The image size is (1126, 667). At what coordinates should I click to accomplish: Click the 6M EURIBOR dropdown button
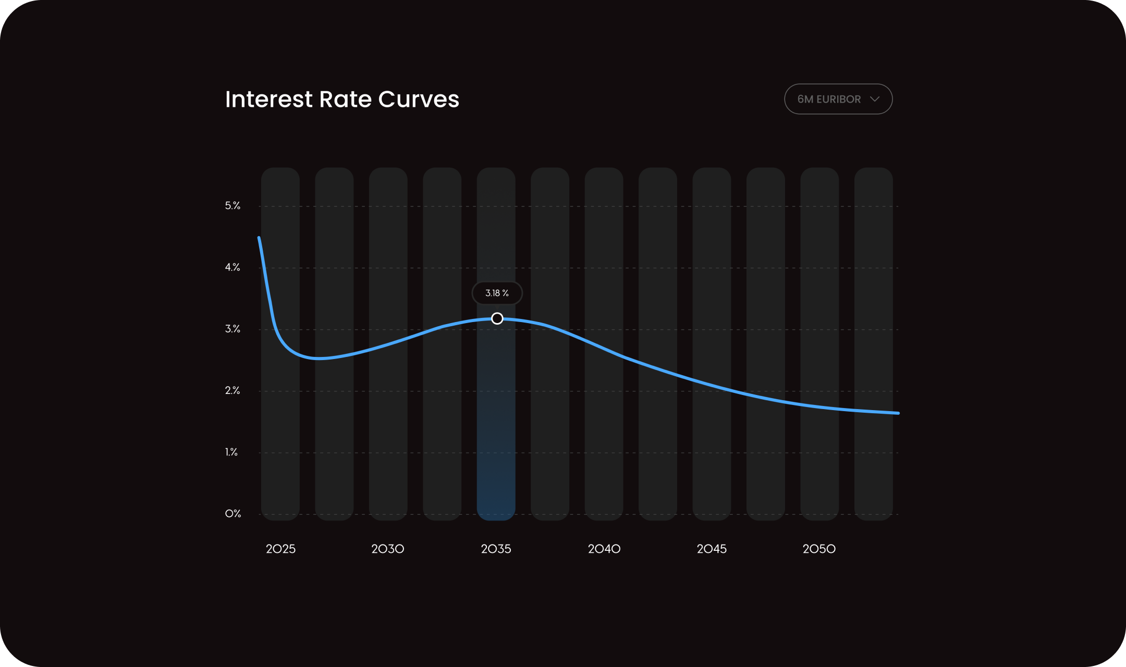click(838, 99)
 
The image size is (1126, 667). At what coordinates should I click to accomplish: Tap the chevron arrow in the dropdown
click(875, 99)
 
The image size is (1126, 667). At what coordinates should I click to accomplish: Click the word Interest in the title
click(268, 99)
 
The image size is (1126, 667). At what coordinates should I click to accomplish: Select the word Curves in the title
click(419, 99)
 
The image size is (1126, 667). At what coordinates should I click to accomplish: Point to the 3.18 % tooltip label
click(497, 293)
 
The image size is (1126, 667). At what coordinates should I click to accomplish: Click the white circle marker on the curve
click(497, 318)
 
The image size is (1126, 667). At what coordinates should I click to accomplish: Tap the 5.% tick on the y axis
click(232, 206)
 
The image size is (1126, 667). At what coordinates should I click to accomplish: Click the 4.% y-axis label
click(232, 267)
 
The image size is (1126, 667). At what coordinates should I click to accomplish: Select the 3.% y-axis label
click(232, 329)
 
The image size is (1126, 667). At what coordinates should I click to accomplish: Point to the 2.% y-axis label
click(232, 390)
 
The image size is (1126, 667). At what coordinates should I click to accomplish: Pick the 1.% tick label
click(231, 452)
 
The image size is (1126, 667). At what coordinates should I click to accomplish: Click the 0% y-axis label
click(233, 514)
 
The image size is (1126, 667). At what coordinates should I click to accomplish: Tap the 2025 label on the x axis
click(280, 549)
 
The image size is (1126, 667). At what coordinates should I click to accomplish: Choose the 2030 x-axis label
click(388, 549)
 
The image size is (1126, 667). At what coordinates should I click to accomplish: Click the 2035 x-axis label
click(496, 549)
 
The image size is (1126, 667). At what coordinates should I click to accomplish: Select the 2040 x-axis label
click(604, 549)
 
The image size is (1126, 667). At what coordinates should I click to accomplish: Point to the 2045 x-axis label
click(712, 549)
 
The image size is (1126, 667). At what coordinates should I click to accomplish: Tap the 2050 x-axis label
click(819, 549)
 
